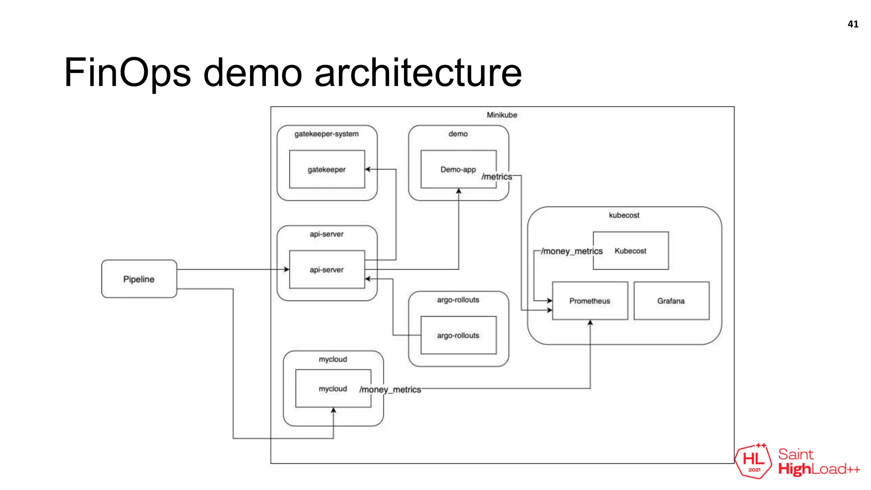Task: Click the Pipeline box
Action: point(139,279)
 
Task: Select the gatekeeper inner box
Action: point(327,169)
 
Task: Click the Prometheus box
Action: point(589,301)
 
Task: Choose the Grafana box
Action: point(671,301)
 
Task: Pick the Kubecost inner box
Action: point(631,251)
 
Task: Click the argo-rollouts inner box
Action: point(458,335)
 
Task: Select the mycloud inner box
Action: point(333,389)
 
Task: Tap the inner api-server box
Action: point(327,270)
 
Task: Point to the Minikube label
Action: point(502,115)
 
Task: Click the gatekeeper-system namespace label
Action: point(327,134)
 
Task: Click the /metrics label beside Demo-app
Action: point(497,177)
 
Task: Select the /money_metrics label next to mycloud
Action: point(390,390)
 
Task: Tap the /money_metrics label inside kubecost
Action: point(572,251)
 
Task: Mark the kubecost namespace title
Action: point(624,215)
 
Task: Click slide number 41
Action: point(853,24)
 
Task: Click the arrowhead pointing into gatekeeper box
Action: point(368,169)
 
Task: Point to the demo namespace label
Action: point(458,134)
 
